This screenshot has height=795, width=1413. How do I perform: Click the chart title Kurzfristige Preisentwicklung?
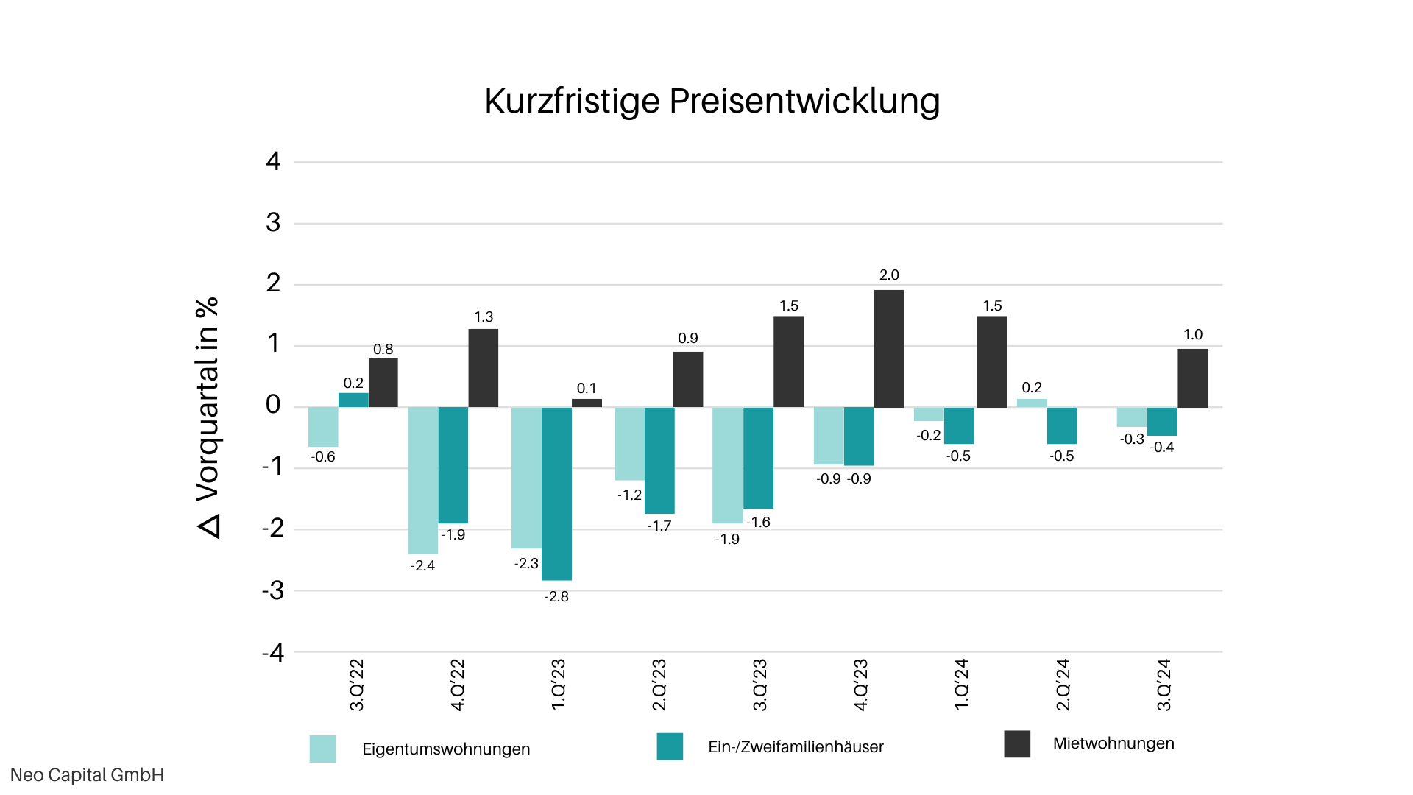[712, 101]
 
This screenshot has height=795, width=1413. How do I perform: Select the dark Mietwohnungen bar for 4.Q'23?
[889, 348]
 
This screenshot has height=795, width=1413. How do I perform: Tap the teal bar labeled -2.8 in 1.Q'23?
[556, 493]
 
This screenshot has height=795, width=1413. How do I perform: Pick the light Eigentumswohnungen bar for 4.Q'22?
[423, 480]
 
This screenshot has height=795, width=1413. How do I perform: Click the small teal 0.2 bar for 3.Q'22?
[353, 400]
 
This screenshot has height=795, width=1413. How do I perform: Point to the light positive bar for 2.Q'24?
[1032, 403]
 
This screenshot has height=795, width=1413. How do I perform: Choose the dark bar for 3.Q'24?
[1192, 378]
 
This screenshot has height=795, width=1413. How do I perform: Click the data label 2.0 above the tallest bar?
[889, 275]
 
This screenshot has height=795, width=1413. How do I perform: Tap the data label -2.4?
[423, 566]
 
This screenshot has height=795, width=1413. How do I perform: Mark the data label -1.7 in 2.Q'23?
[659, 526]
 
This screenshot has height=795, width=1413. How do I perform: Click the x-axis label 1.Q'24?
[961, 685]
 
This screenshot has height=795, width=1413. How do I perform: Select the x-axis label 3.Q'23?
[759, 685]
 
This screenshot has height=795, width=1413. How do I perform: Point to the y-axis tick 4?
[273, 161]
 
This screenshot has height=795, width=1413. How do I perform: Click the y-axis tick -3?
[273, 590]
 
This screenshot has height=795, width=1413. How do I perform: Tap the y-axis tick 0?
[273, 405]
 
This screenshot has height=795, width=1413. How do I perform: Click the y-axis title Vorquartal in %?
[208, 417]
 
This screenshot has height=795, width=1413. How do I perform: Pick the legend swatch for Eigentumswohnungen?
[322, 749]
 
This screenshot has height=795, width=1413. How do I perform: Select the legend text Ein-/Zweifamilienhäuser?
[796, 747]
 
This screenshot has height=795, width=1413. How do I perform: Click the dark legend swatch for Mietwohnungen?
[1017, 743]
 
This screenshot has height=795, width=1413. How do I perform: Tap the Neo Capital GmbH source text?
[87, 775]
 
